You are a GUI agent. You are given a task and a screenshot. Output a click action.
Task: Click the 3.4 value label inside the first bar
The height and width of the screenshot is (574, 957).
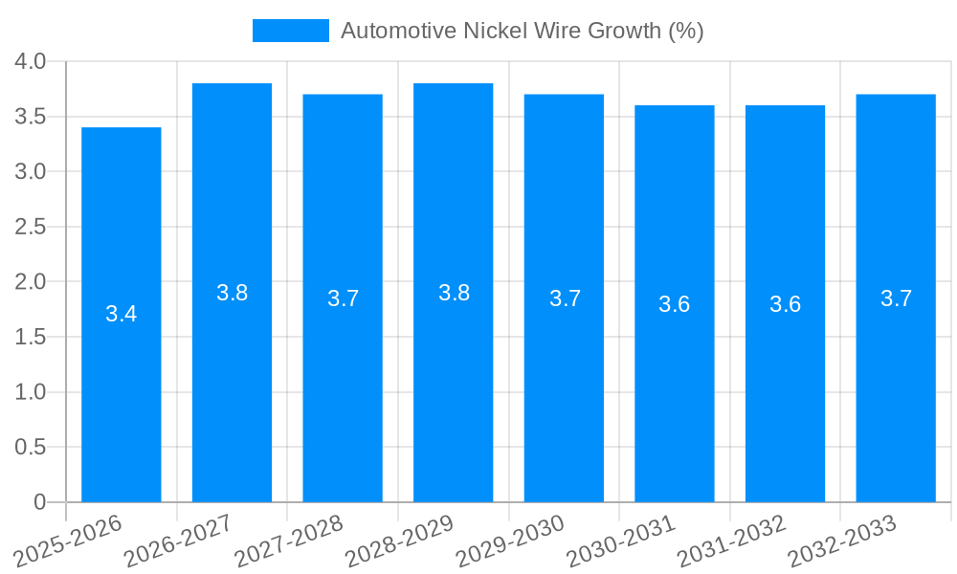point(122,314)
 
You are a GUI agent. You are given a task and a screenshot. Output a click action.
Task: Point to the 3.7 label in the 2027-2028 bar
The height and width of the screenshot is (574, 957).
point(343,298)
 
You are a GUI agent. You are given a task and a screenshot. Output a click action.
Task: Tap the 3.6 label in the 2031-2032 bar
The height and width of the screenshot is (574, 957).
point(785,304)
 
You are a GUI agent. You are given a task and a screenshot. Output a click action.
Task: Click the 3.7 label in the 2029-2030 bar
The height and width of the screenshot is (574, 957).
point(565,298)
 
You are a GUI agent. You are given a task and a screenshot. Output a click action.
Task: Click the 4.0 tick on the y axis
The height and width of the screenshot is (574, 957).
point(31,62)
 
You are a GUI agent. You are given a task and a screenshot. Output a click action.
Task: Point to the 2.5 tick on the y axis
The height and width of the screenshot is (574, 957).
point(31,227)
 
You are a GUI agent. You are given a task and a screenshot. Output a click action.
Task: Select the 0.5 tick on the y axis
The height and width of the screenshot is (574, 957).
point(31,447)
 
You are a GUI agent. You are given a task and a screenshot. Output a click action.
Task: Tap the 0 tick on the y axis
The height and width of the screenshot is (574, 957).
point(39,502)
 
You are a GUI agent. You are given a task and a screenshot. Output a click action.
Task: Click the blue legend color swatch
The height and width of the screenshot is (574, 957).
point(290,31)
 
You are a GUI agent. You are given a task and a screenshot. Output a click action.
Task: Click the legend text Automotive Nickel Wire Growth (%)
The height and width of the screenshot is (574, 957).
point(522,31)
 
